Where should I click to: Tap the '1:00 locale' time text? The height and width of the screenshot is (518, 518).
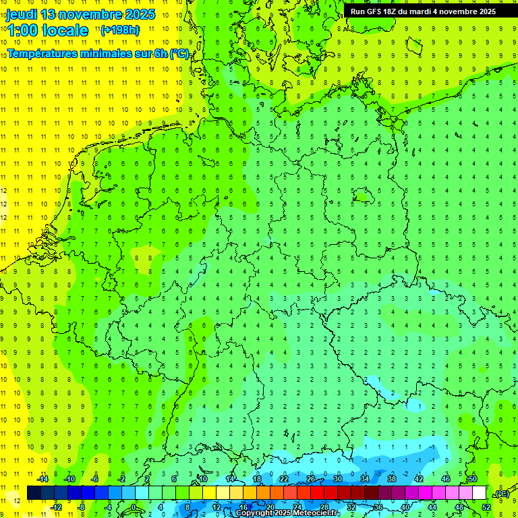click(x=47, y=30)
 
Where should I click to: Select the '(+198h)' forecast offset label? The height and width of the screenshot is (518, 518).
click(x=120, y=30)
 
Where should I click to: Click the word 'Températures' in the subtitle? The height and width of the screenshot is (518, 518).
click(x=42, y=53)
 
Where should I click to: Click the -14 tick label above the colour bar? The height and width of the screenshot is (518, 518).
click(x=42, y=479)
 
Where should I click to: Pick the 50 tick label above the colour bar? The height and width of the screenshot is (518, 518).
click(x=473, y=479)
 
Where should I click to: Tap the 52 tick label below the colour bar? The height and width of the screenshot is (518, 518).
click(x=486, y=507)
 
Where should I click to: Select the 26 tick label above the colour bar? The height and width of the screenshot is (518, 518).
click(x=311, y=479)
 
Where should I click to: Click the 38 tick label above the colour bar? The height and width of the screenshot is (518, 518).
click(x=392, y=479)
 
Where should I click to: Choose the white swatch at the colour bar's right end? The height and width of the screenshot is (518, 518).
click(x=479, y=493)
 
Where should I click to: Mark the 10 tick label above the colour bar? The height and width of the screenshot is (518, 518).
click(x=202, y=479)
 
